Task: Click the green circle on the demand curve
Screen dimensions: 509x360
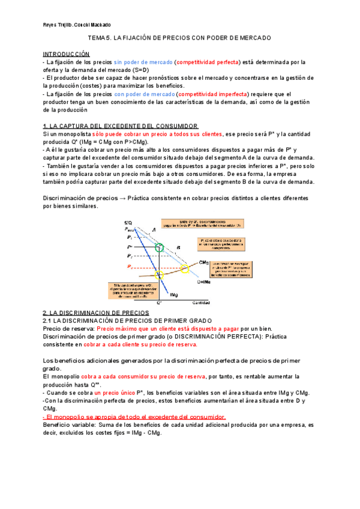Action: [159, 247]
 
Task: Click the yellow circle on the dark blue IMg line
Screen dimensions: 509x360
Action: [159, 275]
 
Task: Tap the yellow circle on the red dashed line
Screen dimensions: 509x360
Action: [185, 268]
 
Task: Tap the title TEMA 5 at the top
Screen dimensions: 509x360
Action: [179, 38]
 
